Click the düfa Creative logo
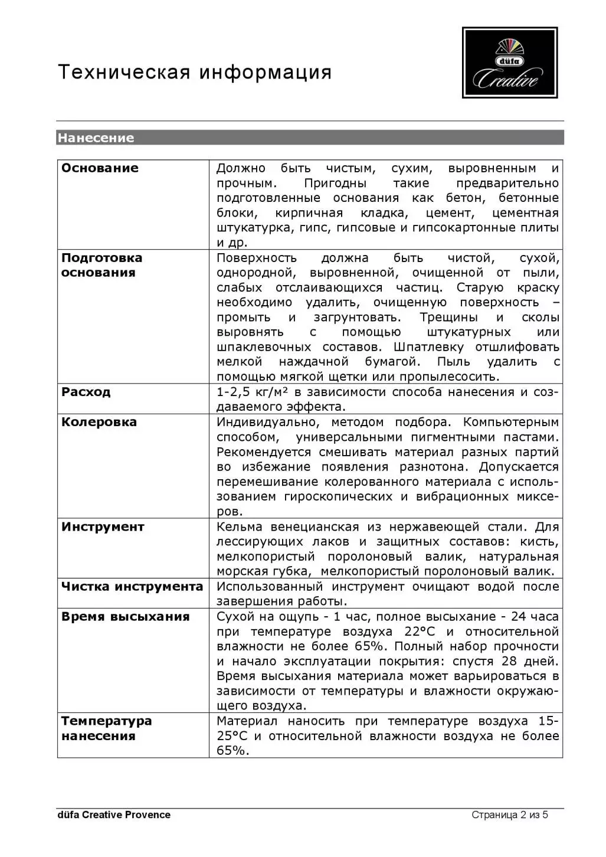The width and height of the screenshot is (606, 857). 510,63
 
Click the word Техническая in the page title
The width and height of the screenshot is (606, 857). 124,72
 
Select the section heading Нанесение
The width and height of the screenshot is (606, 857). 96,138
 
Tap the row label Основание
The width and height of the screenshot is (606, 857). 100,168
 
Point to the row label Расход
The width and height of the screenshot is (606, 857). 86,392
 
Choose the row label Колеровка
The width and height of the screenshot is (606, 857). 99,422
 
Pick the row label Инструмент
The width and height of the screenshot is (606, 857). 103,527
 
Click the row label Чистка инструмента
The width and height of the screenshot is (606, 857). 132,587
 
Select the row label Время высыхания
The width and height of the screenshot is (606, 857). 125,617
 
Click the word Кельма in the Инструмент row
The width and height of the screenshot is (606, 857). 240,527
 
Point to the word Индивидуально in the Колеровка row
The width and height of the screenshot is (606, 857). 268,422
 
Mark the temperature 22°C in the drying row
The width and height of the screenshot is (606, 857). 420,632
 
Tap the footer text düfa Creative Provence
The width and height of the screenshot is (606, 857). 114,815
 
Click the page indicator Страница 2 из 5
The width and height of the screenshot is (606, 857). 510,815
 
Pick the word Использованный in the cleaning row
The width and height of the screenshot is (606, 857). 270,587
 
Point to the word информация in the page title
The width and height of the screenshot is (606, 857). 265,72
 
